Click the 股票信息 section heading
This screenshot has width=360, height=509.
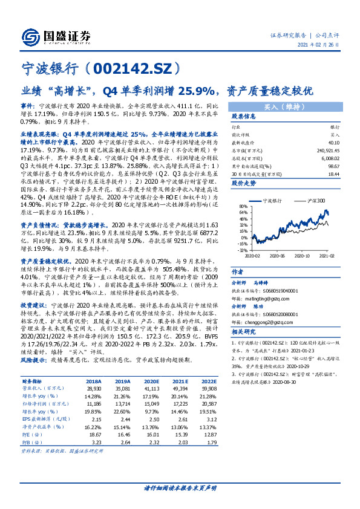[x=244, y=116]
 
